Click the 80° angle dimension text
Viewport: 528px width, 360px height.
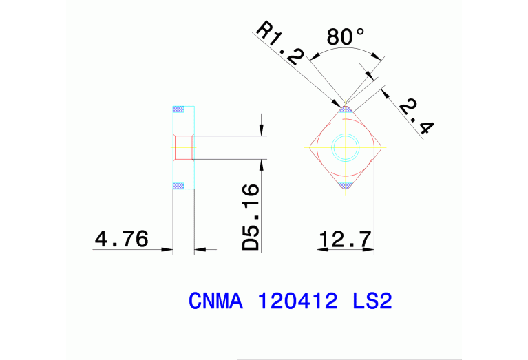[x=346, y=37]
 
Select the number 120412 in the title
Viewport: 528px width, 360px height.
[x=298, y=301]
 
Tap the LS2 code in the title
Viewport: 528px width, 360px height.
[x=372, y=301]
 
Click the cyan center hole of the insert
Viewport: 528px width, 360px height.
[x=344, y=147]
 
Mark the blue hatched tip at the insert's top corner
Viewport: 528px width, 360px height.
[x=345, y=108]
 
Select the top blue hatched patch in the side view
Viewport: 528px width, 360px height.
[x=179, y=109]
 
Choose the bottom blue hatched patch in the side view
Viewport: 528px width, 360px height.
[x=179, y=184]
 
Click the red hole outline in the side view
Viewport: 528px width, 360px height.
[x=182, y=147]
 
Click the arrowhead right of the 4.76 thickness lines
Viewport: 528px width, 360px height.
[x=200, y=249]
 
